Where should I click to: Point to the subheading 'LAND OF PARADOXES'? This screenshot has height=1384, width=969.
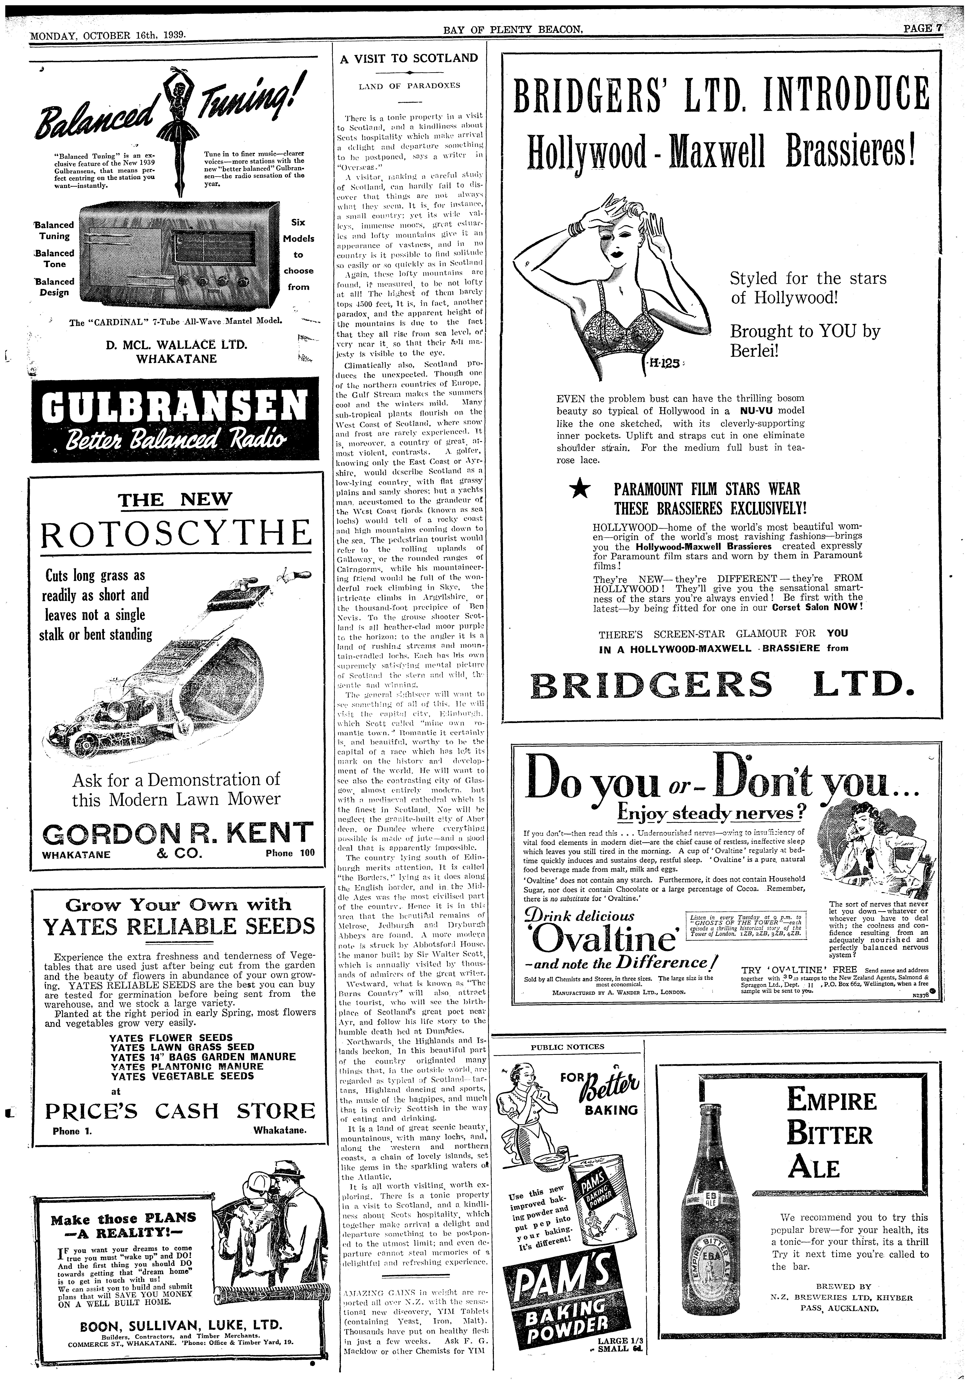408,86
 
